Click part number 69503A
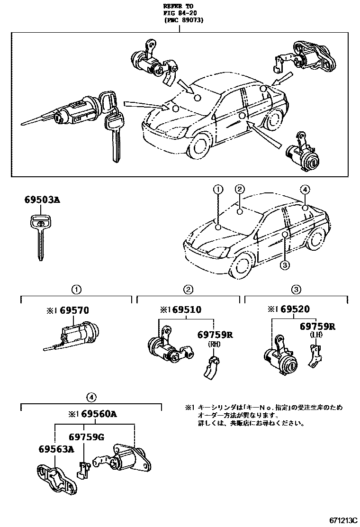coord(42,200)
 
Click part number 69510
coord(187,310)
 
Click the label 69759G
coord(86,437)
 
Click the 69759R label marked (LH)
coord(317,327)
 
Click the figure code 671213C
coord(338,520)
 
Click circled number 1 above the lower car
coord(217,190)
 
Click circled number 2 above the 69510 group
coord(188,289)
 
